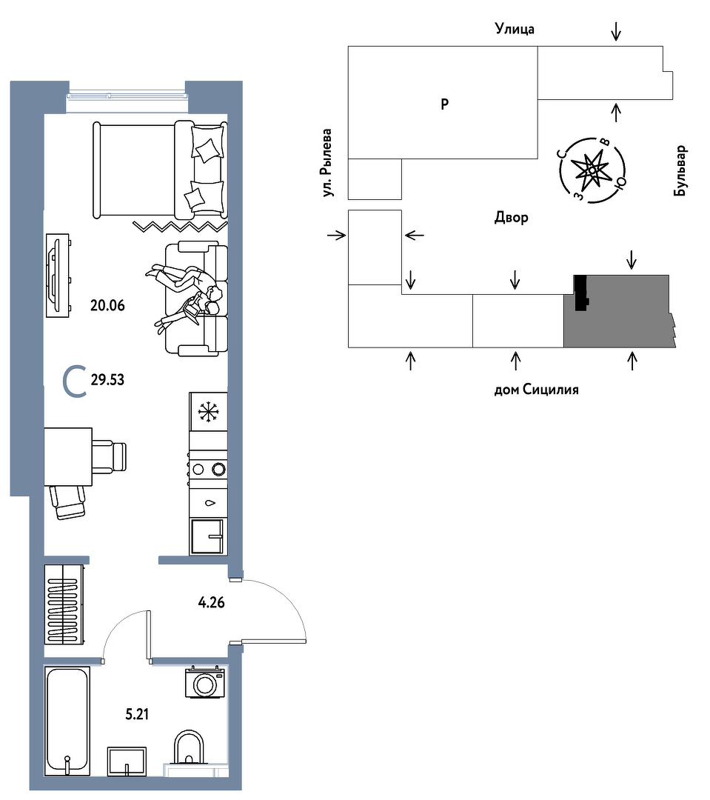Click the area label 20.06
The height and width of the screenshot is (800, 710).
pos(107,306)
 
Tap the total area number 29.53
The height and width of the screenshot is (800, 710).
pos(107,380)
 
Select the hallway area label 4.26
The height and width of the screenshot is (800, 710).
pos(211,602)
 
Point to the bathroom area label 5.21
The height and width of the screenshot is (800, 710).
pos(137,714)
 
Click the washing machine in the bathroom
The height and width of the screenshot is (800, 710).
pos(205,681)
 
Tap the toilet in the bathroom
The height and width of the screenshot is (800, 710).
pos(189,747)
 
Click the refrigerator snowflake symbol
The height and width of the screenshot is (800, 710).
pos(207,412)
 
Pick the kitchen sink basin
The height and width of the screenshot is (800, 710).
pos(207,536)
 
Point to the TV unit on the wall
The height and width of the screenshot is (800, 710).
pos(57,276)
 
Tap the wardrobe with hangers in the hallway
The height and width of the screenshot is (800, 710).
pos(64,604)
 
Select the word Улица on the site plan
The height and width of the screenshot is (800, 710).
pos(515,29)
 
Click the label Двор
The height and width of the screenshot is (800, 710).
pos(511,218)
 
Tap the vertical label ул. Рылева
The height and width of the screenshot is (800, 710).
pos(327,163)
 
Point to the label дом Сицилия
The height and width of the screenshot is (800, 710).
pos(537,390)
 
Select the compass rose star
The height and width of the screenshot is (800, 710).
pos(592,170)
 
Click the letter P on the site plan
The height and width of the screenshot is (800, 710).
pos(445,104)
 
